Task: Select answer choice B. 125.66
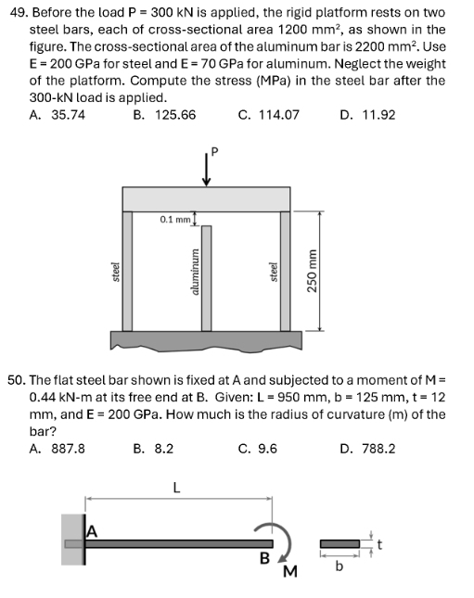coord(164,115)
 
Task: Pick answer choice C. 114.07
coord(269,115)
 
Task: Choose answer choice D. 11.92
coord(367,115)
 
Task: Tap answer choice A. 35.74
coord(58,115)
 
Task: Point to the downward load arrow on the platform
coord(205,171)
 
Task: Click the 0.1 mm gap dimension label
coord(174,220)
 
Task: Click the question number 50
coord(16,380)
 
